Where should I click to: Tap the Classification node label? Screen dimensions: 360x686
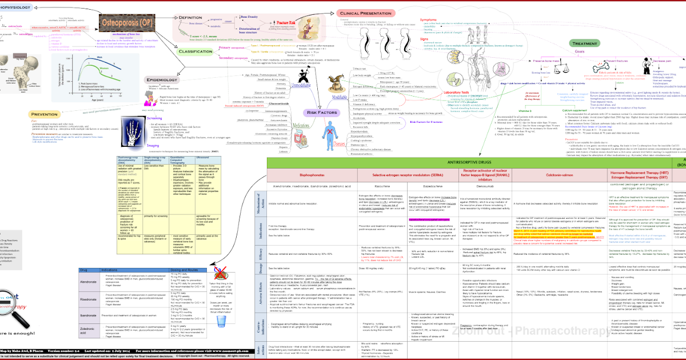[196, 51]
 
